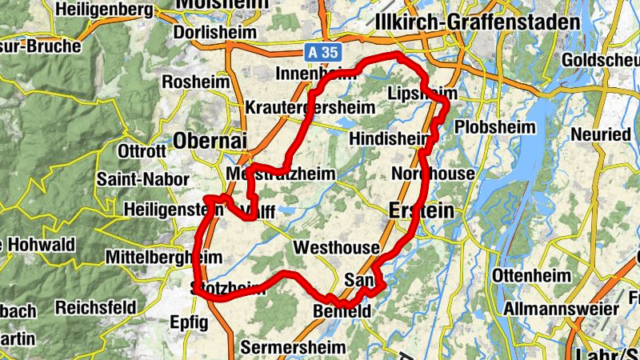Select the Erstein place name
coord(420,210)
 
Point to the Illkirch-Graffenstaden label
coord(478,22)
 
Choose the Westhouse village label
coord(334,248)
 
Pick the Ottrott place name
coord(141,151)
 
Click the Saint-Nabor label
coord(142,180)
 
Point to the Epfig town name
coord(189,323)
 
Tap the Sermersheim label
coord(293,347)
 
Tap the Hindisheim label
coord(389,138)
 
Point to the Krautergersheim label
coord(300,107)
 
